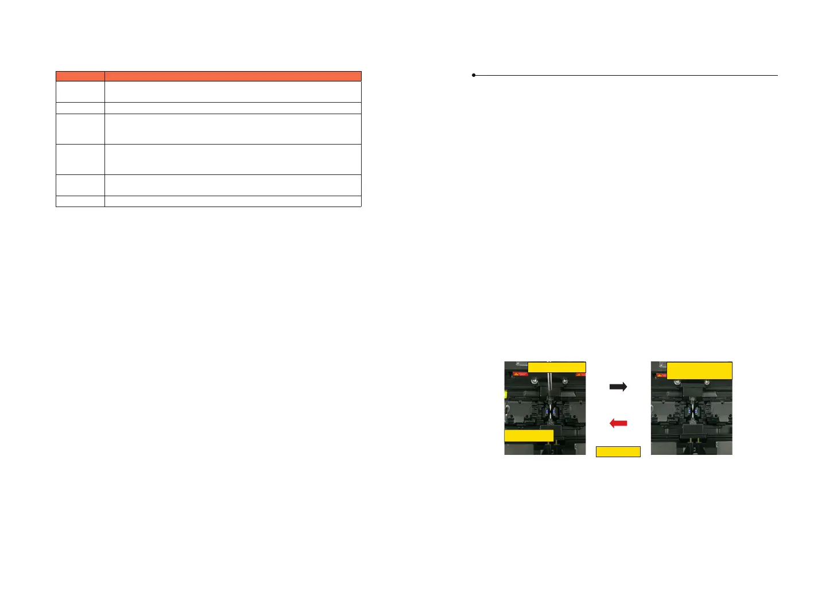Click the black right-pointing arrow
click(618, 387)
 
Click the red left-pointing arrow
click(618, 423)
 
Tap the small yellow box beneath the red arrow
click(618, 451)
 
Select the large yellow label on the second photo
click(699, 371)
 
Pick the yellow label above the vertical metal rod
click(556, 367)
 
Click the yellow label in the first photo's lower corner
click(529, 435)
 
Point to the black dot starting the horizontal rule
click(474, 75)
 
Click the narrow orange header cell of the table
click(80, 76)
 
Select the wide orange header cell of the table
click(233, 76)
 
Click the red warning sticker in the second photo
click(660, 376)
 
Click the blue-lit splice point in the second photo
click(692, 410)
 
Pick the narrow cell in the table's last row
click(80, 201)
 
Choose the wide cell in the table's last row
click(233, 201)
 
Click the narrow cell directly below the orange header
click(80, 91)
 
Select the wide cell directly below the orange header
click(233, 91)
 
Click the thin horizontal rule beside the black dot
click(626, 75)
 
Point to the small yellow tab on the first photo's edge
click(505, 394)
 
